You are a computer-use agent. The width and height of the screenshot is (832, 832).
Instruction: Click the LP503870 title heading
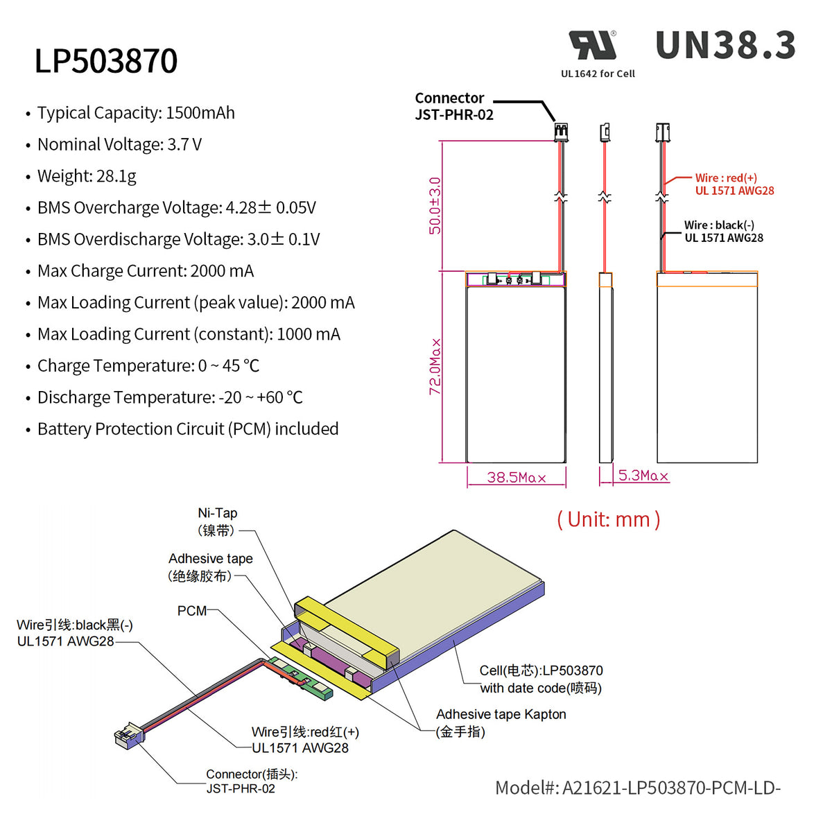click(x=106, y=61)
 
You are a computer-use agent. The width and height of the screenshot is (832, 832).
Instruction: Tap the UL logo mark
click(x=593, y=46)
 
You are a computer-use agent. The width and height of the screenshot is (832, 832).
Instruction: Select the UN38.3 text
click(x=725, y=46)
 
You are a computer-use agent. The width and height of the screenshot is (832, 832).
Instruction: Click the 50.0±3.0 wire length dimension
click(x=435, y=206)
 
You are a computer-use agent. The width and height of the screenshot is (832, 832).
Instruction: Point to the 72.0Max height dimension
click(x=435, y=367)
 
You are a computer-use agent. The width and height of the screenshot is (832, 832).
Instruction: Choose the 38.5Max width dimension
click(x=517, y=477)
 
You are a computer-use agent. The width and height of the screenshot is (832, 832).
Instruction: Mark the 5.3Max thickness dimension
click(x=643, y=476)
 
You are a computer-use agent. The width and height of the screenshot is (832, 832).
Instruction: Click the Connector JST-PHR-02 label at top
click(x=454, y=106)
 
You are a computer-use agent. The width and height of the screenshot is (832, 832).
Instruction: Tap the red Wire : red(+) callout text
click(x=734, y=184)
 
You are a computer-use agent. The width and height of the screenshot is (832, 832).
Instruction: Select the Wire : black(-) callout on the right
click(x=723, y=232)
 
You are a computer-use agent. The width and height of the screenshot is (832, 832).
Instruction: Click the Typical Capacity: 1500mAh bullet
click(x=136, y=113)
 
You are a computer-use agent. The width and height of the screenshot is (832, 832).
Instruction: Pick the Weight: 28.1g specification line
click(x=87, y=176)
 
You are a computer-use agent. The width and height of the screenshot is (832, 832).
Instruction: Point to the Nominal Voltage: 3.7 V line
click(x=119, y=144)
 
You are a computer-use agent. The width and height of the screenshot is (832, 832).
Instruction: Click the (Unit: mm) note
click(x=608, y=519)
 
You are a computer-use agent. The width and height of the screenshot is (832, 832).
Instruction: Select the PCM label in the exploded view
click(x=192, y=611)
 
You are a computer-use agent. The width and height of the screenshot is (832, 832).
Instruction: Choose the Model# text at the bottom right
click(x=637, y=788)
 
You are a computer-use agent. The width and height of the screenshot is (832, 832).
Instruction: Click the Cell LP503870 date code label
click(x=541, y=679)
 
